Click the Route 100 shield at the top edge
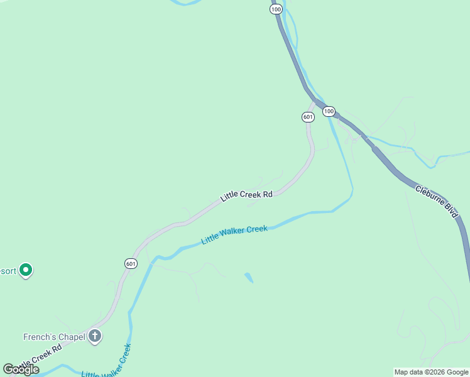pos(275,9)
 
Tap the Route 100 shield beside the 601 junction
pos(329,111)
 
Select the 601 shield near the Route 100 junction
pos(307,117)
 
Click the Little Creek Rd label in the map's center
pos(246,195)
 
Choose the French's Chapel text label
pos(54,337)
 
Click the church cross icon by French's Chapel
pos(95,336)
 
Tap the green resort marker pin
pos(25,270)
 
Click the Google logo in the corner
pos(21,369)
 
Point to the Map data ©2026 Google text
pos(431,372)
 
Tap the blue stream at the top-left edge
pos(186,3)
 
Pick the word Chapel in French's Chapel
pos(72,337)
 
